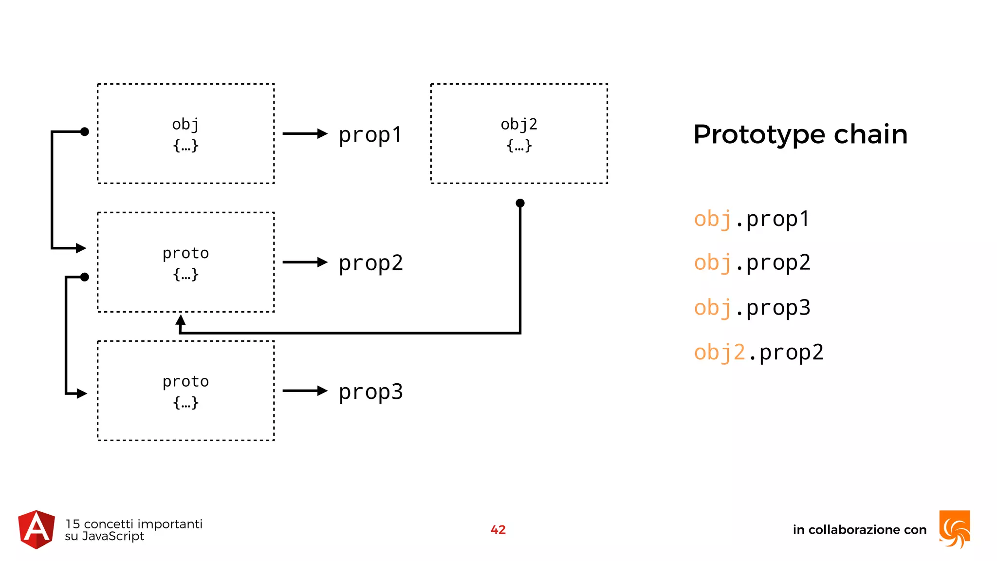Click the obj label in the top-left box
point(185,125)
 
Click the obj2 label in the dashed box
point(519,125)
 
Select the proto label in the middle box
point(185,253)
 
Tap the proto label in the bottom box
point(185,381)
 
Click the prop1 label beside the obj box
point(370,135)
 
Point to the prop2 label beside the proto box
point(370,263)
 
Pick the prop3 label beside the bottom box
point(370,392)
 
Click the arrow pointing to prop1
point(305,133)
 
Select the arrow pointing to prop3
point(305,391)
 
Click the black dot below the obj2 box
point(520,203)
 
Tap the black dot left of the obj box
point(85,131)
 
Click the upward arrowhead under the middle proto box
point(181,320)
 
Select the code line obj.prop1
point(752,219)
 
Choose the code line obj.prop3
point(752,308)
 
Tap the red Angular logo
point(37,530)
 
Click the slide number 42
point(498,530)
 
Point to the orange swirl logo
point(955,529)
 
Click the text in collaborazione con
point(859,530)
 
